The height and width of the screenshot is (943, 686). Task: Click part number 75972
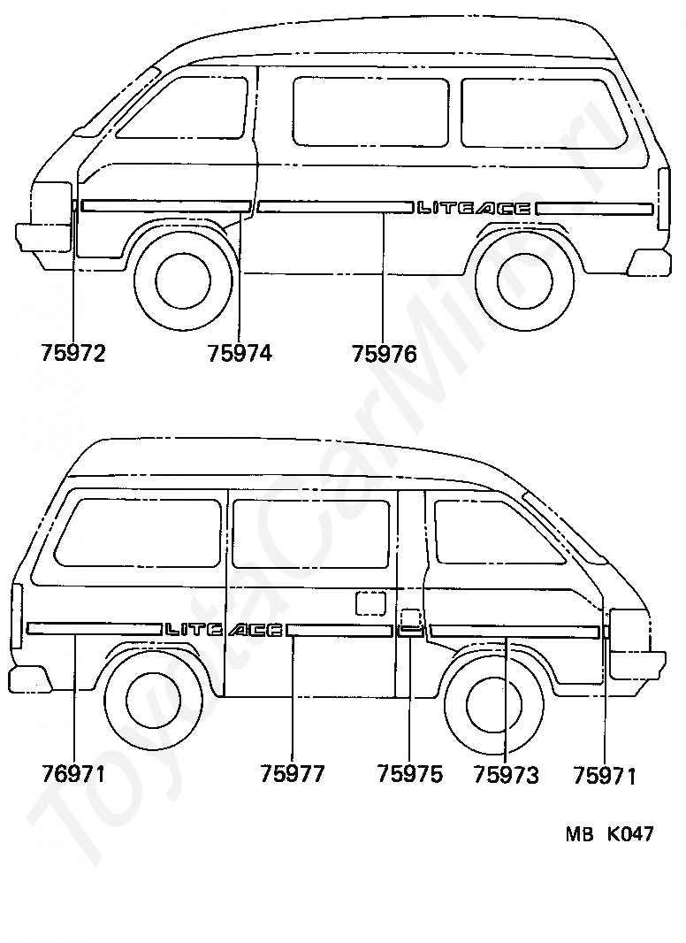pyautogui.click(x=73, y=354)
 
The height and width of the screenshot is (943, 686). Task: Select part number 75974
pyautogui.click(x=240, y=354)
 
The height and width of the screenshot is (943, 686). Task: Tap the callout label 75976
pyautogui.click(x=384, y=354)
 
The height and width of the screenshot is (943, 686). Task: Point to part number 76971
pyautogui.click(x=73, y=775)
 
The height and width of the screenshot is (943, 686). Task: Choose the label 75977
pyautogui.click(x=293, y=775)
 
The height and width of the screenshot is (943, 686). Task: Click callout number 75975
pyautogui.click(x=409, y=775)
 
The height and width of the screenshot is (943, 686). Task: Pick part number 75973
pyautogui.click(x=506, y=776)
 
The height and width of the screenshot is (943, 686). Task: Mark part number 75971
pyautogui.click(x=605, y=776)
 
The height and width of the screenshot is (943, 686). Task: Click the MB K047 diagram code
pyautogui.click(x=609, y=834)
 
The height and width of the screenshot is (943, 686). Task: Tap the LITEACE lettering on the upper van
pyautogui.click(x=474, y=209)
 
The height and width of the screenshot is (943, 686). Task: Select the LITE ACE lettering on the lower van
pyautogui.click(x=224, y=630)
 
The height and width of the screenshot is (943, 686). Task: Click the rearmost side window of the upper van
pyautogui.click(x=541, y=112)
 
